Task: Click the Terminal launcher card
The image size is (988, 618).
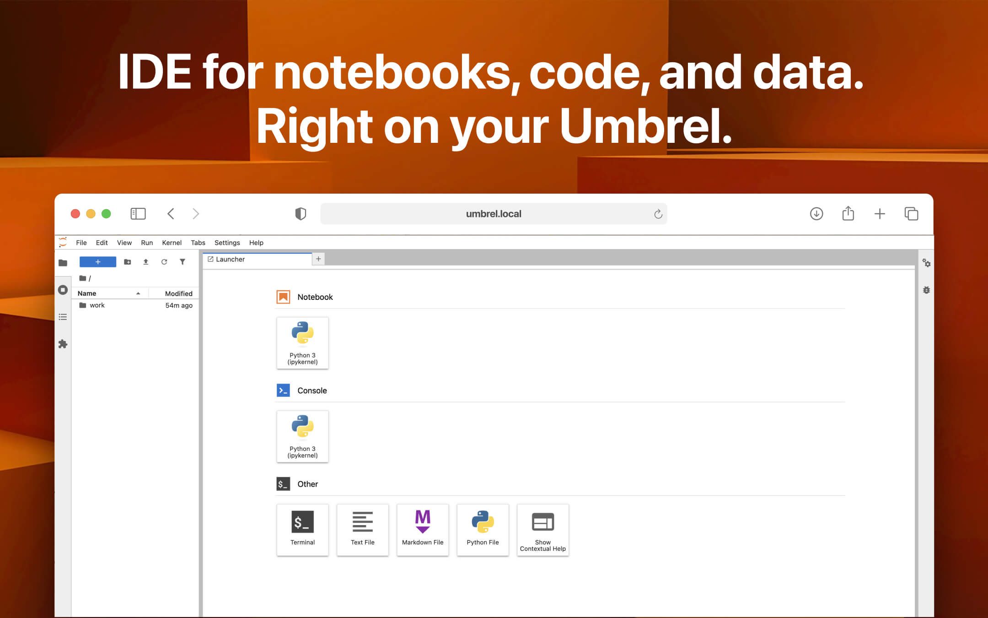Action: [x=302, y=530]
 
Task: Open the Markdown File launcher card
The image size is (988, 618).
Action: [x=422, y=530]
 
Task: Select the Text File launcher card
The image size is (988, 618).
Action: [x=362, y=530]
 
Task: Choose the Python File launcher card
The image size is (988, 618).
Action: [x=483, y=530]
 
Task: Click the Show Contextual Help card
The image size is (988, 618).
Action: [x=542, y=530]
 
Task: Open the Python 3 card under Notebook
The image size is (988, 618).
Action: [x=302, y=343]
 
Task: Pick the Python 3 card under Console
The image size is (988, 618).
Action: [x=302, y=436]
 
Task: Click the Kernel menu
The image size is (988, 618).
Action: [x=172, y=243]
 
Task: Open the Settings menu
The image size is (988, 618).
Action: [x=227, y=243]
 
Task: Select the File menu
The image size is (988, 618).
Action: [x=81, y=243]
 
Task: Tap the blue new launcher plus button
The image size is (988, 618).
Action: [x=98, y=262]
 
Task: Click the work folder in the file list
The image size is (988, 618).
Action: [x=97, y=305]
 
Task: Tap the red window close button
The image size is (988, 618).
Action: [x=75, y=214]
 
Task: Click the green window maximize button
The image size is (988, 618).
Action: [x=106, y=214]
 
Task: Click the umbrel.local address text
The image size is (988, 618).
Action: [x=493, y=214]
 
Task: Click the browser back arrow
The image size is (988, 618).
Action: [x=171, y=214]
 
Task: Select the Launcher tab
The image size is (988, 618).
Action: [x=231, y=259]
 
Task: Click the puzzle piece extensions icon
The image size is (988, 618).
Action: [x=63, y=344]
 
